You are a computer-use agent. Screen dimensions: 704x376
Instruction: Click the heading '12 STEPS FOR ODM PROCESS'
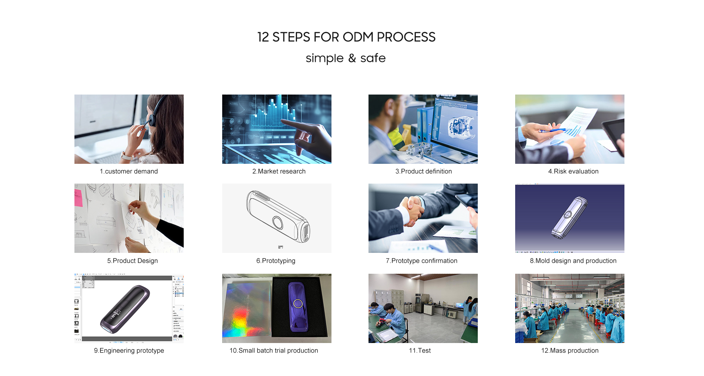pyautogui.click(x=346, y=37)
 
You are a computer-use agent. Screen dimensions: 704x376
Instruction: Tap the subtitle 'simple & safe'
pyautogui.click(x=345, y=58)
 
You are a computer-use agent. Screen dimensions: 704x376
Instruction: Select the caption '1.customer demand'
pyautogui.click(x=129, y=171)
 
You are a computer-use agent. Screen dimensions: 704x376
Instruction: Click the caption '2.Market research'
pyautogui.click(x=279, y=171)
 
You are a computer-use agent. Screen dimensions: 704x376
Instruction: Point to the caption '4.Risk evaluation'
pyautogui.click(x=573, y=171)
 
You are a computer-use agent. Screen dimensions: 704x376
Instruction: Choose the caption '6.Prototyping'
pyautogui.click(x=276, y=261)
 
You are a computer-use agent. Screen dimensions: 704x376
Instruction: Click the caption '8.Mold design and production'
pyautogui.click(x=573, y=261)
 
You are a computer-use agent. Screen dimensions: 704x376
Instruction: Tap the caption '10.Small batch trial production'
pyautogui.click(x=274, y=350)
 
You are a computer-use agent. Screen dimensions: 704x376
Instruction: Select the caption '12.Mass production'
pyautogui.click(x=570, y=350)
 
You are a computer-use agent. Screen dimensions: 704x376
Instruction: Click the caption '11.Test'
pyautogui.click(x=420, y=350)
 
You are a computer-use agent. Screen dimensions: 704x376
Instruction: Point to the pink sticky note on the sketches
pyautogui.click(x=78, y=198)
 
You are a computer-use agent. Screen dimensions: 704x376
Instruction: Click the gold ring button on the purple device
pyautogui.click(x=298, y=303)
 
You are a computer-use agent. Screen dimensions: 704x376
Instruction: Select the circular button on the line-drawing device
pyautogui.click(x=278, y=222)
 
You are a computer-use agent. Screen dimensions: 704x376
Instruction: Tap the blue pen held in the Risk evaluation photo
pyautogui.click(x=552, y=130)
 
